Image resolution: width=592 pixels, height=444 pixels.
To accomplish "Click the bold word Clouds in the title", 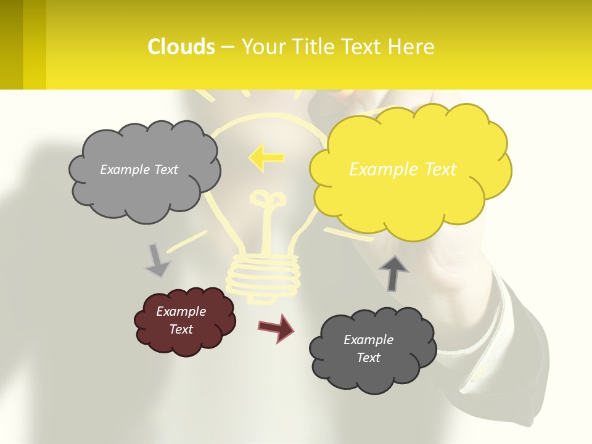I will (x=181, y=47).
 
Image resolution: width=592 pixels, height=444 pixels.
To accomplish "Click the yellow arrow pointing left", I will (x=266, y=158).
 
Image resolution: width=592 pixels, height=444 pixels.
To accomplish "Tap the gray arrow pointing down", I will (x=157, y=260).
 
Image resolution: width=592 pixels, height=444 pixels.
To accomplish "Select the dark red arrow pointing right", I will (x=276, y=328).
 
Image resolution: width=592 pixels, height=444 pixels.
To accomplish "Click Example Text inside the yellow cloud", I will (x=403, y=170).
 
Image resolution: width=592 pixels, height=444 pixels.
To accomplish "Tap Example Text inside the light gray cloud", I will (x=139, y=170).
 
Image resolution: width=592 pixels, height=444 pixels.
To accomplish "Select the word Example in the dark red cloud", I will (x=181, y=311).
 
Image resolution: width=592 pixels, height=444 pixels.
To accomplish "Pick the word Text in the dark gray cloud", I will (x=368, y=358).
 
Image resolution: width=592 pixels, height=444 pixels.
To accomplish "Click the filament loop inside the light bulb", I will (x=267, y=200).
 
